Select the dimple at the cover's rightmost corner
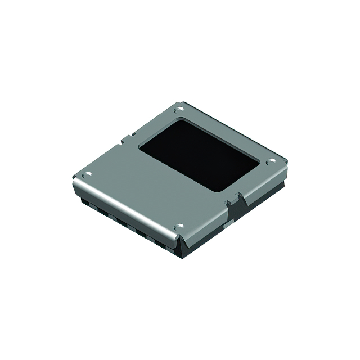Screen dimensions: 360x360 click(271, 162)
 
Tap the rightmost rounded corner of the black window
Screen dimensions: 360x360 click(259, 163)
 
